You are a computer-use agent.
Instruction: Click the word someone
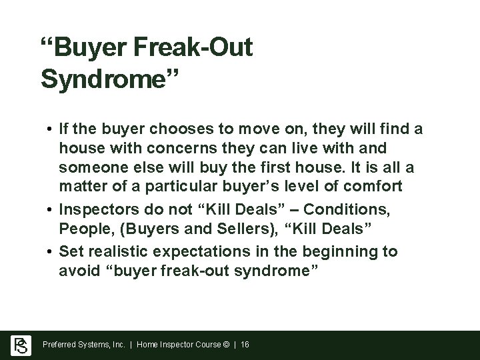(x=87, y=163)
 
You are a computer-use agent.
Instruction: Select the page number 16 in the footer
(x=244, y=345)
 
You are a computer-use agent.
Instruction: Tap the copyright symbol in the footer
(x=226, y=345)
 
